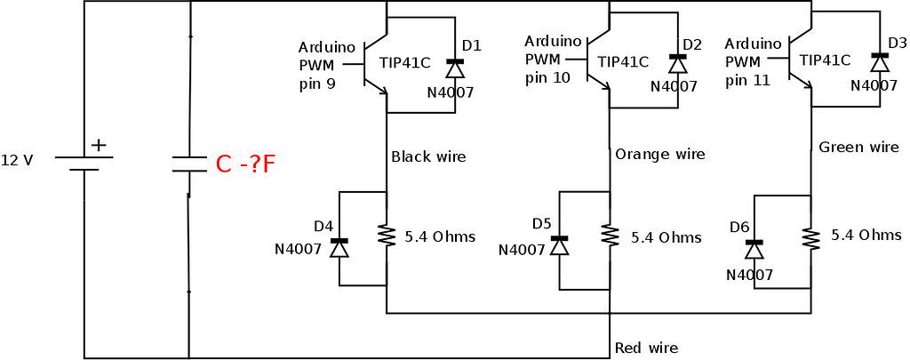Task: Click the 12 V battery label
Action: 17,161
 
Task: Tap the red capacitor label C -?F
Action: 245,164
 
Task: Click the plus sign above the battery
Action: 98,145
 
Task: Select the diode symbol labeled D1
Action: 455,68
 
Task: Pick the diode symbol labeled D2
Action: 678,63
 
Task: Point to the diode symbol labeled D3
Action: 880,61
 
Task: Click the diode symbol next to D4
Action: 339,246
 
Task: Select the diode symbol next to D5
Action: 559,244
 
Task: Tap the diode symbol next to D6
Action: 754,248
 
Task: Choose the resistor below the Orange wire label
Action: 610,236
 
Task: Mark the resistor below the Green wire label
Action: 810,238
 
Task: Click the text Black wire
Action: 428,157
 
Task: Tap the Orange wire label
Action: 659,155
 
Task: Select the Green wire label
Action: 858,148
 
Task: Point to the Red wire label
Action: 646,348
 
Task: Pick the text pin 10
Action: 547,78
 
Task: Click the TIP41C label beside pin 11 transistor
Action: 825,60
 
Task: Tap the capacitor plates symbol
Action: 189,164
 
